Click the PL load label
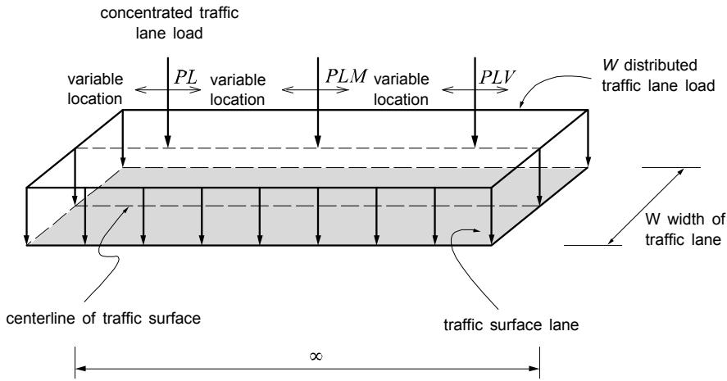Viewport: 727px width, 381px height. tap(186, 77)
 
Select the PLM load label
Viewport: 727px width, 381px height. tap(346, 76)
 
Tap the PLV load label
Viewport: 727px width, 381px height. tap(497, 77)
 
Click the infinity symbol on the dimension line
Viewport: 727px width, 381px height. tap(316, 356)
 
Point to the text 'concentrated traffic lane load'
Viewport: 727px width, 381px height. tap(169, 23)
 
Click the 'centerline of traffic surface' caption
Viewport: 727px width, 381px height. tap(103, 319)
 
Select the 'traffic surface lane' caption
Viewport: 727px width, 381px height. tap(511, 325)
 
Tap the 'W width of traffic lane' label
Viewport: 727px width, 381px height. tap(684, 229)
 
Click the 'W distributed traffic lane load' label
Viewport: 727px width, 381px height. tap(658, 75)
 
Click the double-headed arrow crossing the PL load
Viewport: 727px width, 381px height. tap(168, 90)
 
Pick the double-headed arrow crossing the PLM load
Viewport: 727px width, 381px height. tap(316, 90)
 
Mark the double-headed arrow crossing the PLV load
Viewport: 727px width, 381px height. tap(475, 90)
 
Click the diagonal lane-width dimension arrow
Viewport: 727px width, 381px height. tap(646, 206)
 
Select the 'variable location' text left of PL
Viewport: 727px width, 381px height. tap(95, 89)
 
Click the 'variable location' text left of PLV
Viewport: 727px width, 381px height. tap(401, 89)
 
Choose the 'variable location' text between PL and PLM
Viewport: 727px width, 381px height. tap(238, 89)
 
